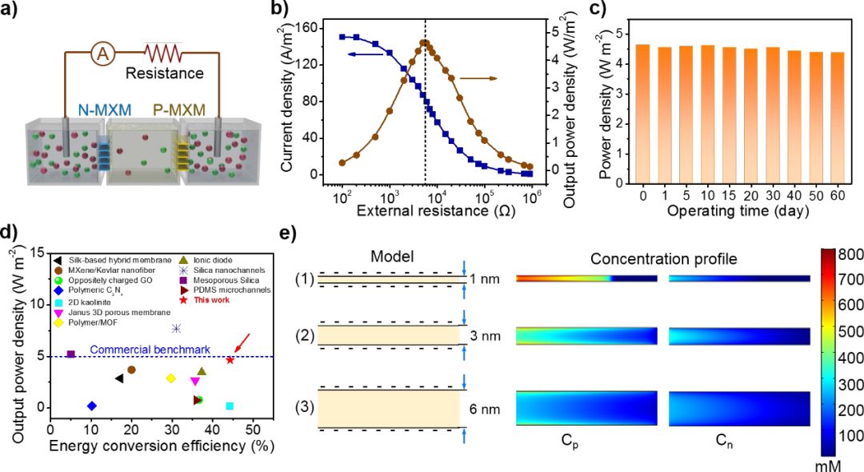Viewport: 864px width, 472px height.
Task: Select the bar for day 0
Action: [619, 113]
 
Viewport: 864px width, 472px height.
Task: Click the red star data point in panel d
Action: [230, 360]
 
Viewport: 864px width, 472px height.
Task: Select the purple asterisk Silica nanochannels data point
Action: [177, 328]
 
